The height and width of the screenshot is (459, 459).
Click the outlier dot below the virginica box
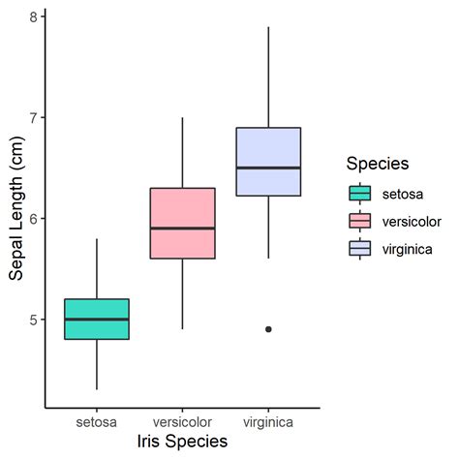268,329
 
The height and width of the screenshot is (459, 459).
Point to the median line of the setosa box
96,319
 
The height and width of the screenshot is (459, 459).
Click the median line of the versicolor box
182,229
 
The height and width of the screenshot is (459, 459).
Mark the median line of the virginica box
268,168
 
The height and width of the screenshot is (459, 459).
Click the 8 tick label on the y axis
33,17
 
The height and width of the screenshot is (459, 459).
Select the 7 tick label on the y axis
33,118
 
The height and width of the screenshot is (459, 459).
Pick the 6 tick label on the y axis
33,219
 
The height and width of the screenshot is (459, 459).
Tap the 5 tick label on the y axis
33,320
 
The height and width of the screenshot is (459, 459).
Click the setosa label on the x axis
96,422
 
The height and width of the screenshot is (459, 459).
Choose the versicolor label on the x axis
182,422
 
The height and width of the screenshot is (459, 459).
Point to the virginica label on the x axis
268,422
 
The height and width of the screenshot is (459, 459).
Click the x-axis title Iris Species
182,442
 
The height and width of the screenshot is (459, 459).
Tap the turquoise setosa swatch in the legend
360,193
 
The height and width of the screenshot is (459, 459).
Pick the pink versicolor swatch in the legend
360,221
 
